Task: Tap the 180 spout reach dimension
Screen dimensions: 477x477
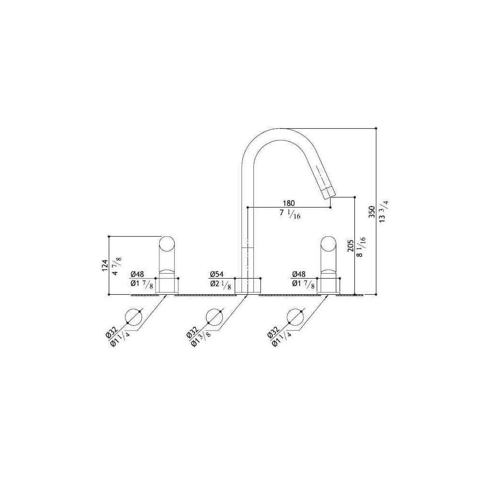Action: (x=289, y=203)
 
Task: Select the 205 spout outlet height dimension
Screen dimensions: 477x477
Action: (x=351, y=246)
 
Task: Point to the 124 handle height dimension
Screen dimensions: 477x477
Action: (x=104, y=265)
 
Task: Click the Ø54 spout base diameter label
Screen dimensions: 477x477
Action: (x=217, y=274)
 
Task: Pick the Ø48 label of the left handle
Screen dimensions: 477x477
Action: (x=137, y=274)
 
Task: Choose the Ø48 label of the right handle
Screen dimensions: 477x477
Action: (x=299, y=274)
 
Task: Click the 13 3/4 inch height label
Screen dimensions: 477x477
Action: (x=384, y=211)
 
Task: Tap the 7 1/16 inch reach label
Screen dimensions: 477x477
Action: (x=290, y=214)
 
